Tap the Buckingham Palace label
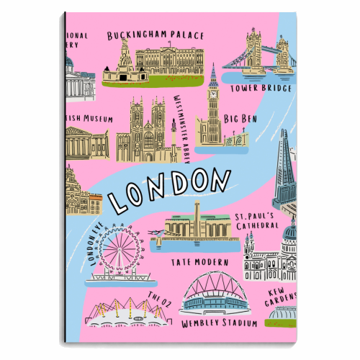tap(156, 35)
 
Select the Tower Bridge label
tap(261, 89)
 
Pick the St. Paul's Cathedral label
tap(256, 221)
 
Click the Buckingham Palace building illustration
tap(155, 63)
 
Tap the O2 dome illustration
tap(119, 310)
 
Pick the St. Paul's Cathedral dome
tap(289, 232)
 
